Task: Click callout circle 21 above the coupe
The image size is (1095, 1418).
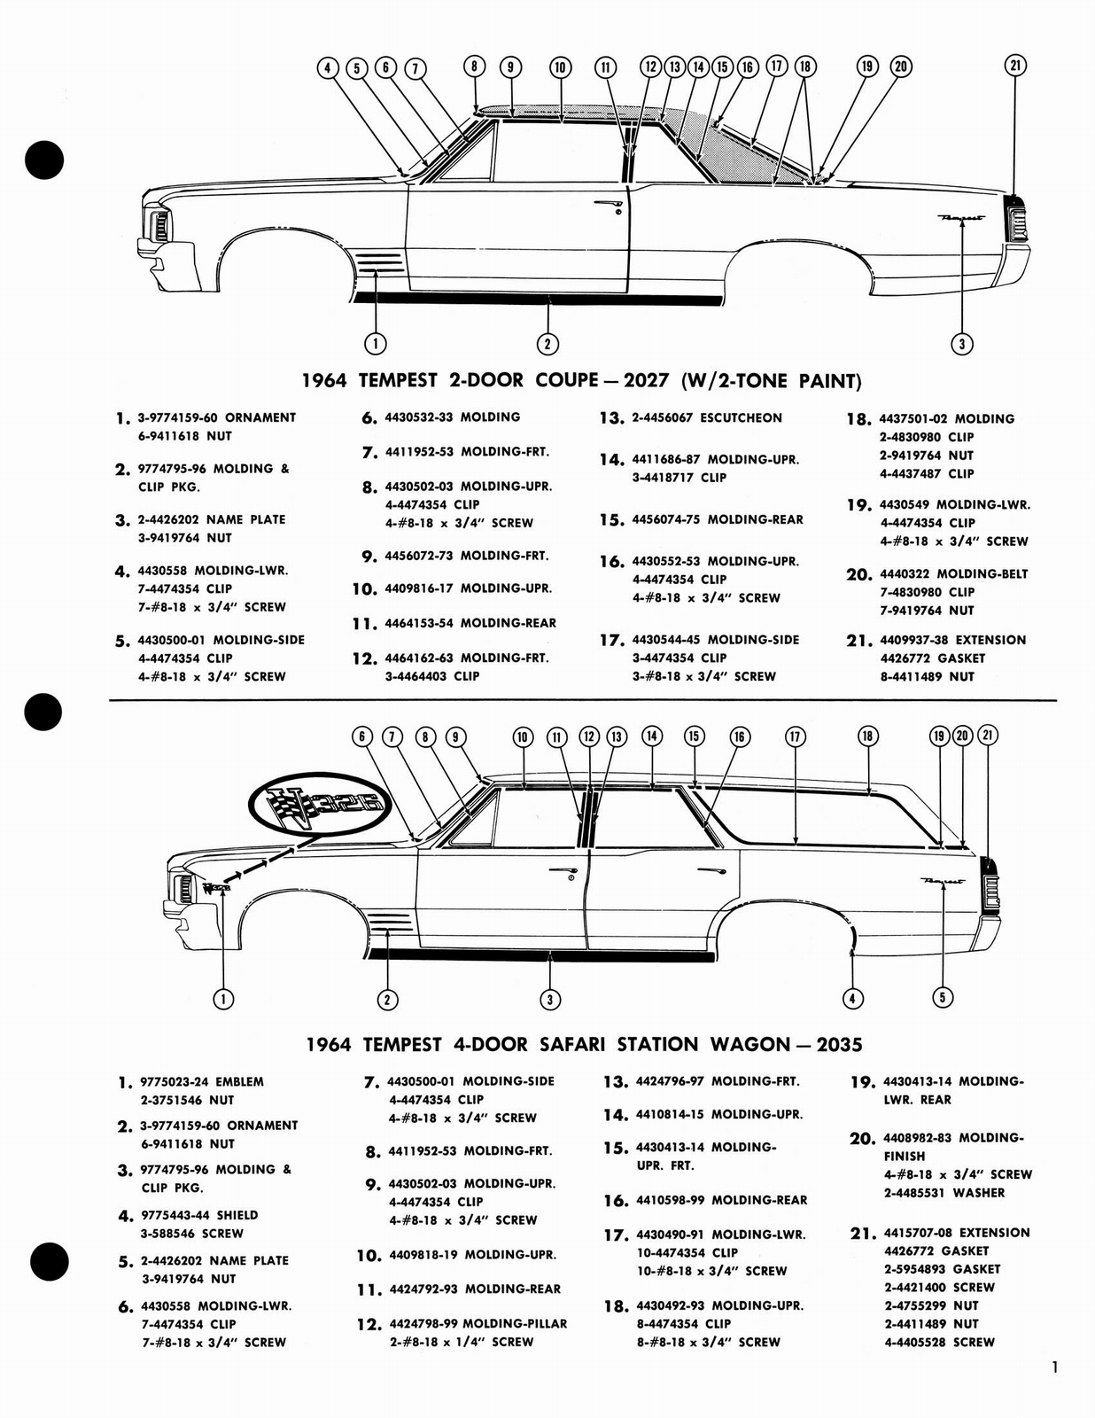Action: click(1016, 65)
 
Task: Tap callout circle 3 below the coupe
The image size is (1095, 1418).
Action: click(961, 344)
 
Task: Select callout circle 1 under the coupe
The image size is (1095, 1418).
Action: click(377, 343)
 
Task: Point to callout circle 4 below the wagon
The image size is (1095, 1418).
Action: click(852, 999)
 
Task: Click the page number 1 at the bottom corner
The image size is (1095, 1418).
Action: click(1054, 1367)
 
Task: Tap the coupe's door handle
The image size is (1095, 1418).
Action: click(608, 206)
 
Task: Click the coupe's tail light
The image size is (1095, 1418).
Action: click(1016, 219)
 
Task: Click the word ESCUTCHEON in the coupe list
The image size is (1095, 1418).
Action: click(741, 417)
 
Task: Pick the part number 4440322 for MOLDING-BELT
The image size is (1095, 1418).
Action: click(905, 573)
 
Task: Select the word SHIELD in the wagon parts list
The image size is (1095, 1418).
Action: click(237, 1215)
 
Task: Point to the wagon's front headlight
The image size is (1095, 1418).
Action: click(184, 887)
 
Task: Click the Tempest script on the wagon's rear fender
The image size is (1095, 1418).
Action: click(943, 881)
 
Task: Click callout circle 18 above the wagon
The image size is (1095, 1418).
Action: click(867, 736)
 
